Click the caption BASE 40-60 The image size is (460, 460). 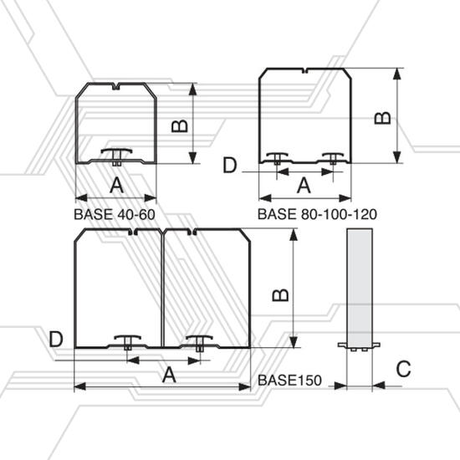point(115,214)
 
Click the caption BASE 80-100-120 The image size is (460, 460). point(317,214)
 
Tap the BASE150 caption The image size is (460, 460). point(289,381)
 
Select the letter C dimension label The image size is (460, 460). point(403,369)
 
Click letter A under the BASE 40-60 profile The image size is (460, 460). point(116,185)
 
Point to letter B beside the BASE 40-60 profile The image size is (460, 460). point(180,126)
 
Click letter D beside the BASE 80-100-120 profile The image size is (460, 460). point(230,165)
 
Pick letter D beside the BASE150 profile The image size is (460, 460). point(56,340)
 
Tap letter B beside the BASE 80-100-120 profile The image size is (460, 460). point(383,118)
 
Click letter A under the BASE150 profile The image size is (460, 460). point(169,375)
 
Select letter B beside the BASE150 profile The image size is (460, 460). point(280,295)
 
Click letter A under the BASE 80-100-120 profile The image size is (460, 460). point(304,186)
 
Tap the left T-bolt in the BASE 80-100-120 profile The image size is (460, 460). point(277,158)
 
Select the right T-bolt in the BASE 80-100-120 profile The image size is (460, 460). point(333,158)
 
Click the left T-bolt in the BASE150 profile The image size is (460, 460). point(127,342)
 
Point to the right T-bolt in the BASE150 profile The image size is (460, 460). point(200,343)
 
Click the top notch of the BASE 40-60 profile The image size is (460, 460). point(116,86)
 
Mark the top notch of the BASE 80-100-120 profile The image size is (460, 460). point(304,71)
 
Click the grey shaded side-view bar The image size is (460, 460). point(360,289)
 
